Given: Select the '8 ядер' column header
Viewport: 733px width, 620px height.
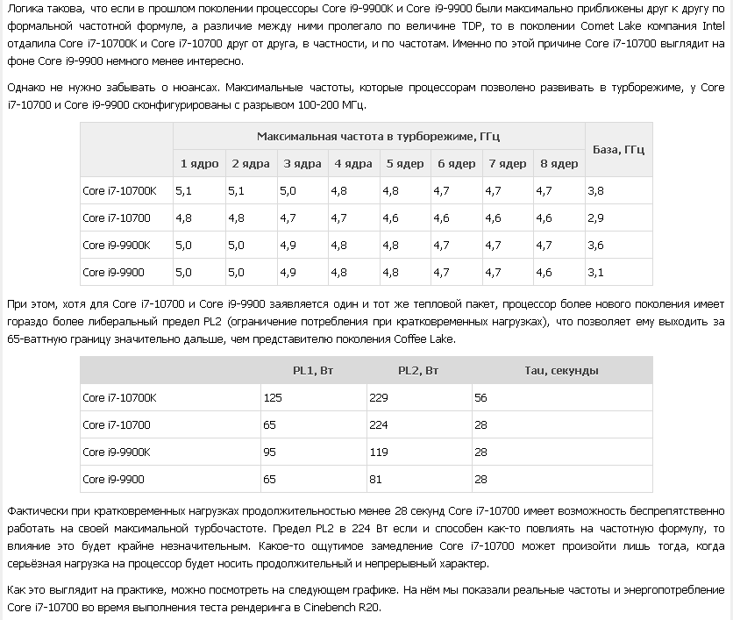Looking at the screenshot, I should (559, 164).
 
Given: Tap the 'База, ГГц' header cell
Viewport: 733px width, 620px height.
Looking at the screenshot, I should (618, 150).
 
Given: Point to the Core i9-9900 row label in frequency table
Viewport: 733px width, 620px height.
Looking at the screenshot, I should (113, 272).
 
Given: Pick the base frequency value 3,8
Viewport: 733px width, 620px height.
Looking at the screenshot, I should (596, 190).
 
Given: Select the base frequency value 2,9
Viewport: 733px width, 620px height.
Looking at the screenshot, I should (596, 217).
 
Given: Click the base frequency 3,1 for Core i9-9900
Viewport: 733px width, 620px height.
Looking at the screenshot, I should (596, 272).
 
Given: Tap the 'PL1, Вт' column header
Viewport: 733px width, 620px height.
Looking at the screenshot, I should (313, 370).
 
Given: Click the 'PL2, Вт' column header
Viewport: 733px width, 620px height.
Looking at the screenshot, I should (418, 370).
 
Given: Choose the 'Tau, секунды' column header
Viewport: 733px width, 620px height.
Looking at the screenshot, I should (561, 370).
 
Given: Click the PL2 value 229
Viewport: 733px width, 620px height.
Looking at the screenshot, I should (378, 397).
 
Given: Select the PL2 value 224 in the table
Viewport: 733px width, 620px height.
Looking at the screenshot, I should (378, 424).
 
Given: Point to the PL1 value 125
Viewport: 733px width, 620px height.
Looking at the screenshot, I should (273, 397).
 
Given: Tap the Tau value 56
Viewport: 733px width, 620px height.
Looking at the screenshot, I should (481, 397).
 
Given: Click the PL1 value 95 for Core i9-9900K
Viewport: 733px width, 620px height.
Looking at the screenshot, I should (270, 452).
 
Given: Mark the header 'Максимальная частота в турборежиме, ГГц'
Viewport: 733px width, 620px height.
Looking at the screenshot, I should (379, 137).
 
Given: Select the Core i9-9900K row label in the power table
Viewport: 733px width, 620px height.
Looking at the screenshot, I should (117, 452).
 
